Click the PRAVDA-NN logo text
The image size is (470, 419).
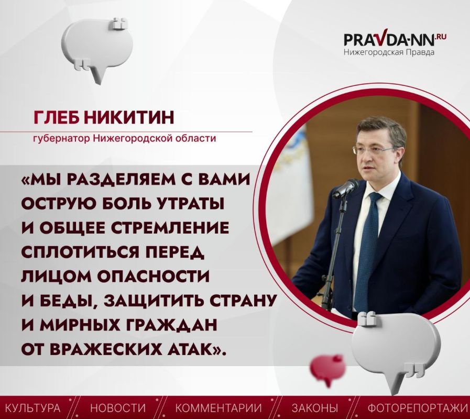point(395,38)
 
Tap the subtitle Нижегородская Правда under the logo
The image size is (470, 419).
point(389,52)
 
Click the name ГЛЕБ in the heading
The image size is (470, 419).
point(57,117)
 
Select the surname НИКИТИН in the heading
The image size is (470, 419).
point(129,117)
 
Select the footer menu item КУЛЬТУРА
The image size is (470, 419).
point(33,408)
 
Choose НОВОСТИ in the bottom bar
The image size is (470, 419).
point(118,408)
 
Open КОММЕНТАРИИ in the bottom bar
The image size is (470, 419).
point(218,408)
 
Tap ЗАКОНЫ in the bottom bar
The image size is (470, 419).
point(315,408)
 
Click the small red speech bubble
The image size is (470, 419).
point(327,369)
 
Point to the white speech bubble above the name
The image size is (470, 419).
point(96,48)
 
